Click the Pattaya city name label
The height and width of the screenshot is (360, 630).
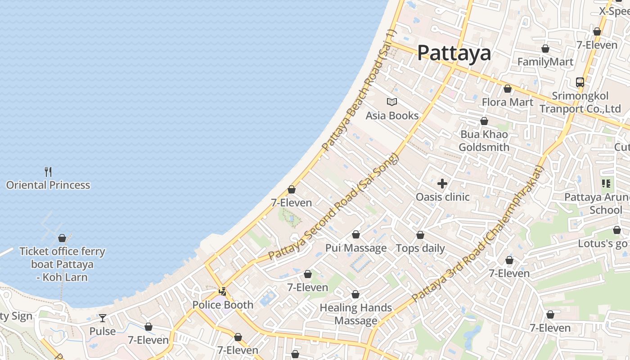pyautogui.click(x=454, y=53)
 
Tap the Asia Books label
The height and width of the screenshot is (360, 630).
pyautogui.click(x=392, y=116)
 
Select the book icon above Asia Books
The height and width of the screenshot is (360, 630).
pyautogui.click(x=392, y=102)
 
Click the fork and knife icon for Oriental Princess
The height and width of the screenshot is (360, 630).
pyautogui.click(x=48, y=171)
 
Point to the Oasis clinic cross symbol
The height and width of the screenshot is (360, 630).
pyautogui.click(x=442, y=183)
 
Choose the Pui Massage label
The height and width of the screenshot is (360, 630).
pyautogui.click(x=355, y=248)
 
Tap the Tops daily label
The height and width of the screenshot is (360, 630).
pyautogui.click(x=420, y=248)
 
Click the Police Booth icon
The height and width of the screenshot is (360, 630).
pyautogui.click(x=222, y=291)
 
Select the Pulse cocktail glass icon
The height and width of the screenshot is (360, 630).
pyautogui.click(x=103, y=318)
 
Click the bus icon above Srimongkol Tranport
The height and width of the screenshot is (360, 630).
pyautogui.click(x=580, y=82)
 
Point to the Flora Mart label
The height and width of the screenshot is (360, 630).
pyautogui.click(x=507, y=102)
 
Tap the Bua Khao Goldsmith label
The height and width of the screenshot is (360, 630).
pyautogui.click(x=484, y=141)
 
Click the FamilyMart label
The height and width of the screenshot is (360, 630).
pyautogui.click(x=545, y=62)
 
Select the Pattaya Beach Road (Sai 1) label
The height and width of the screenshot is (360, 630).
pyautogui.click(x=358, y=90)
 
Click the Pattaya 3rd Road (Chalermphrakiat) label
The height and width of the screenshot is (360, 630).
pyautogui.click(x=478, y=234)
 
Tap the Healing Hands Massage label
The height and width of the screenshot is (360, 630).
pyautogui.click(x=355, y=314)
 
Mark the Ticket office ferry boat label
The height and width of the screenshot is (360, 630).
pyautogui.click(x=62, y=264)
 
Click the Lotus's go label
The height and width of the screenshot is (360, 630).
pyautogui.click(x=603, y=243)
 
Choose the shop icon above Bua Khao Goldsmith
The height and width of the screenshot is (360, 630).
pyautogui.click(x=484, y=121)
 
